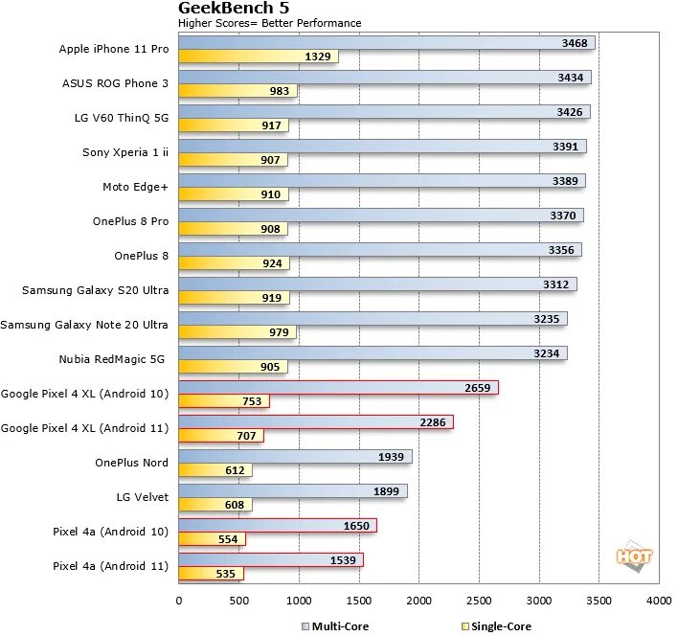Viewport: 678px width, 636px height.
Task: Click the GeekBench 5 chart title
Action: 234,9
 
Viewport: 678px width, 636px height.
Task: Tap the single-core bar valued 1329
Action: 258,57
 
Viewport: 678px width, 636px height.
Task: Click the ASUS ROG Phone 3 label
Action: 115,83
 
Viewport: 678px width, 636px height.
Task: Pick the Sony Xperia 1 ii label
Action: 125,152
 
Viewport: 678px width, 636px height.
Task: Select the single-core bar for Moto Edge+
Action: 233,194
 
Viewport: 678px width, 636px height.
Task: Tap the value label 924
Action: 271,263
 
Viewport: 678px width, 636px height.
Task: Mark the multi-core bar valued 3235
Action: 373,319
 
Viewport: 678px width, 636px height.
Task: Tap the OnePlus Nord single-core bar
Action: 215,470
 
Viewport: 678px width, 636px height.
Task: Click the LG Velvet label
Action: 142,497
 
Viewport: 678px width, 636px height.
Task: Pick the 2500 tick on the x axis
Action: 479,601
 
